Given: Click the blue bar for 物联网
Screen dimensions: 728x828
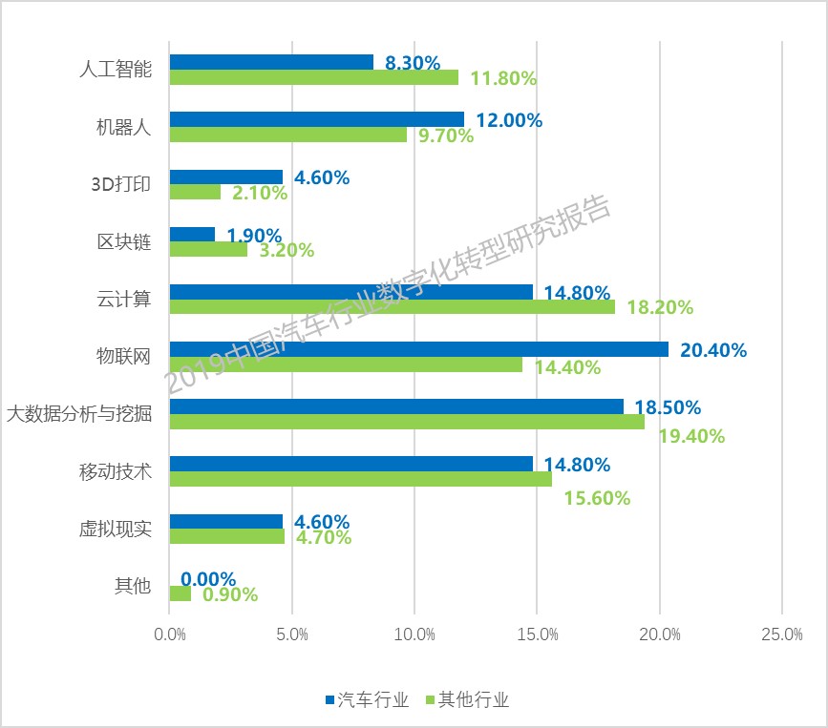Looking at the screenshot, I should [x=418, y=349].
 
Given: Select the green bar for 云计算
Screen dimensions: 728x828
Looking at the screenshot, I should [x=392, y=306].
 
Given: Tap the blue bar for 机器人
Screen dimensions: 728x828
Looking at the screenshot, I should [x=316, y=119].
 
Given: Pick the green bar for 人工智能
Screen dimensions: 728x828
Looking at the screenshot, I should [x=313, y=77].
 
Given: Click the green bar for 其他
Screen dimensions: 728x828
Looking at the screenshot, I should [x=180, y=593].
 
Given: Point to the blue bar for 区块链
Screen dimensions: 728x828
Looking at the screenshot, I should [x=192, y=234].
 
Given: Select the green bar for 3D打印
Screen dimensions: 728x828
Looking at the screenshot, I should [x=195, y=192].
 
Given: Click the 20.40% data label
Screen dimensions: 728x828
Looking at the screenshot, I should [x=712, y=350].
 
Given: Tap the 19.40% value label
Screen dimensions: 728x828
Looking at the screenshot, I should [x=691, y=436].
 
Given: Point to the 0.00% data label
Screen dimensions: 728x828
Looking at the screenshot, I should [x=208, y=579].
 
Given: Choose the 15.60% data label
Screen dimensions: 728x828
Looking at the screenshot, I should [x=597, y=497].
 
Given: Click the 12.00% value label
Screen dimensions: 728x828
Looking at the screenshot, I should [x=509, y=120].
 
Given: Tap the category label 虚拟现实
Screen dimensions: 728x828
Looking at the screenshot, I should [x=116, y=529].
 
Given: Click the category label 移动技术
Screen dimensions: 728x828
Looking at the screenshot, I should [x=116, y=471].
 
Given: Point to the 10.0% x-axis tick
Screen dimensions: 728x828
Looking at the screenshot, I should [x=414, y=634].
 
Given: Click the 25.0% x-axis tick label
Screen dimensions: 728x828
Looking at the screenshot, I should [x=781, y=634].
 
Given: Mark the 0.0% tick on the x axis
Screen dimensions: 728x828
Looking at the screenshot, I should [x=170, y=634].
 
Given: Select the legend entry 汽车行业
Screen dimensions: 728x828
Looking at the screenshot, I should [x=368, y=699].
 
